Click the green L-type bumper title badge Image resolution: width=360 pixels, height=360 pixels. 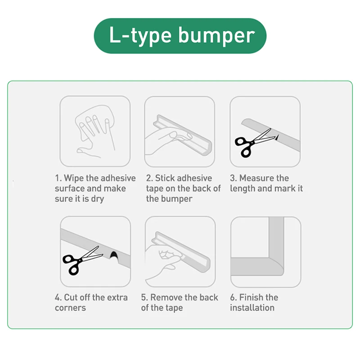point(180,36)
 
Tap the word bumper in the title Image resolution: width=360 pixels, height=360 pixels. point(216,36)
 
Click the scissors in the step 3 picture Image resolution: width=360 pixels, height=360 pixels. point(254,143)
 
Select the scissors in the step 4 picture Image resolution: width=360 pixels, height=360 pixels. point(81,261)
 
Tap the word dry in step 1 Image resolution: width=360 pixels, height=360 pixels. point(98,199)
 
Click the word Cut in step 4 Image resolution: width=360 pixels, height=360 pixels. point(71,297)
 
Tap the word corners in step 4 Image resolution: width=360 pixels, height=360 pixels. point(70,308)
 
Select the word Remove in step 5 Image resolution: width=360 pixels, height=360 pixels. point(166,297)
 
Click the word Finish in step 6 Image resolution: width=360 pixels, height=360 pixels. point(251,297)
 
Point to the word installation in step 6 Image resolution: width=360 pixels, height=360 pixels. point(252,308)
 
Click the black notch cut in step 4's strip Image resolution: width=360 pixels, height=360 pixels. point(114,255)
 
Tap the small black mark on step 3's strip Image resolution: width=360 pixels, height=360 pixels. point(277,137)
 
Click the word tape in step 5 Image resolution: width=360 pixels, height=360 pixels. point(175,308)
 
